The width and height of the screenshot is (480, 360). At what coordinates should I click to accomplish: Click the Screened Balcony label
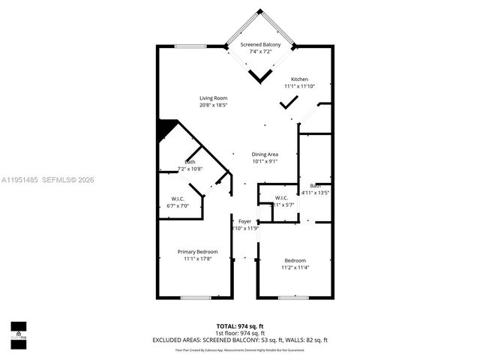[261, 46]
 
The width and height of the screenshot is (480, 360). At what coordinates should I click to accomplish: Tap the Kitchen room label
[300, 79]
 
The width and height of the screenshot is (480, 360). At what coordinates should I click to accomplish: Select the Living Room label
[214, 98]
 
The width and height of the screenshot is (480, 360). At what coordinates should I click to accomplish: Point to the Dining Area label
[265, 154]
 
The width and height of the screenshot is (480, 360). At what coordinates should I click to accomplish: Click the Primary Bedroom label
[198, 251]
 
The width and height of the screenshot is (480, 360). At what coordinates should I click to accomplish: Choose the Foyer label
[244, 221]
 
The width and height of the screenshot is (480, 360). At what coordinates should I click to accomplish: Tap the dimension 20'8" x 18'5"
[214, 106]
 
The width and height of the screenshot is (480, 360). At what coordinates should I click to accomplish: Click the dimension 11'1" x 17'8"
[198, 259]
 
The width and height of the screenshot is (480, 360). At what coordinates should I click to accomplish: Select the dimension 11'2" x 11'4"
[295, 268]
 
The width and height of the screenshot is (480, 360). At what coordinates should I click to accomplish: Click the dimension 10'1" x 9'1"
[265, 161]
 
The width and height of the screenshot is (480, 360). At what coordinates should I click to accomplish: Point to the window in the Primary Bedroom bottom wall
[195, 298]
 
